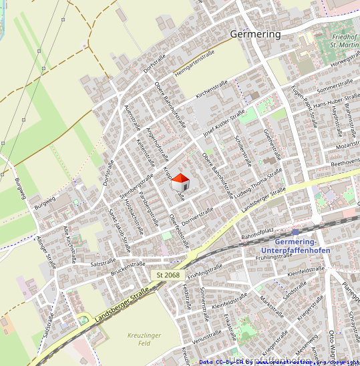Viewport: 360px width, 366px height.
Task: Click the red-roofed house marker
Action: coord(180,182)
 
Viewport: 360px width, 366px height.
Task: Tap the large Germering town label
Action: coord(255,33)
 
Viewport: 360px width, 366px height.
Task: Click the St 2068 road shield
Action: coord(168,275)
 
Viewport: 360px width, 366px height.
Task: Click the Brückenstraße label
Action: coord(128,268)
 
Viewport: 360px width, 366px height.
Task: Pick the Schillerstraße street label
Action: coord(244,148)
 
